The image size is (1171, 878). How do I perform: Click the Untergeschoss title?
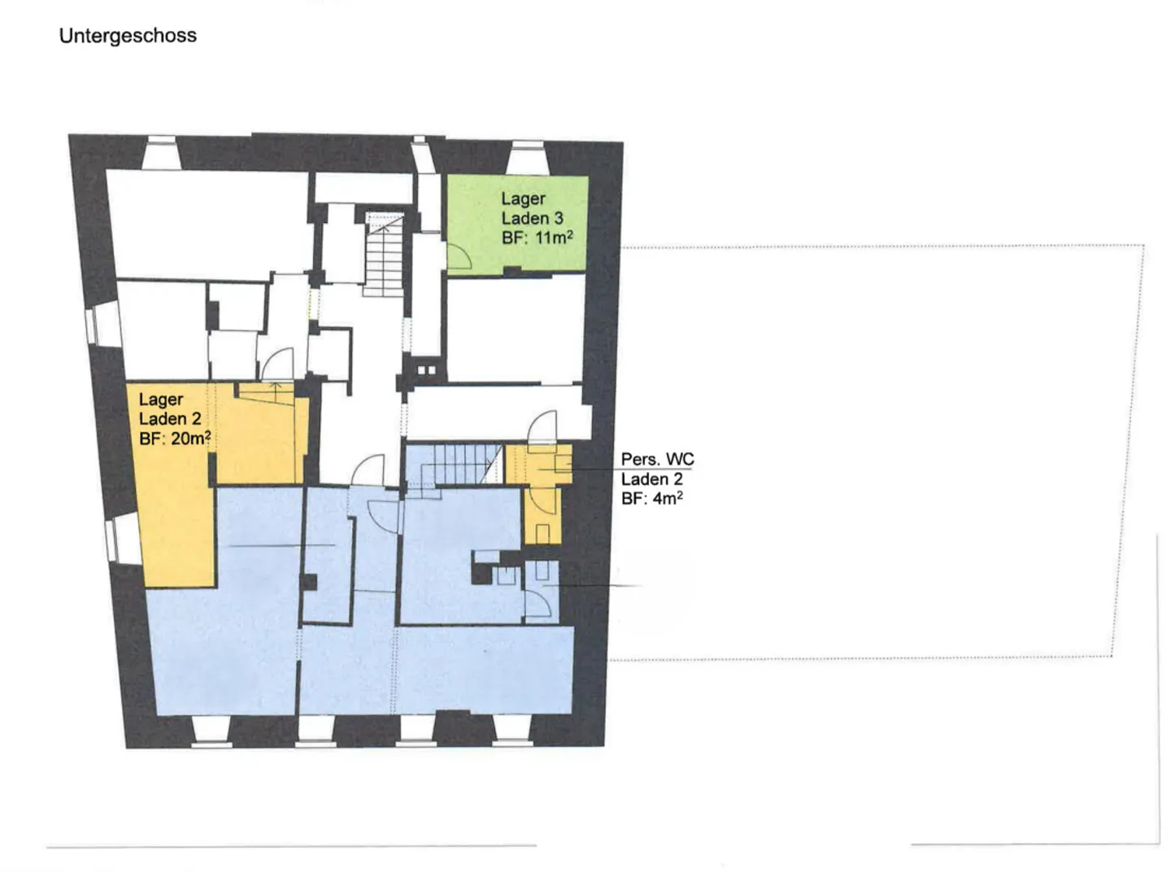coord(128,36)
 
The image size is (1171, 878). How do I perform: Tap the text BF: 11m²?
coord(537,238)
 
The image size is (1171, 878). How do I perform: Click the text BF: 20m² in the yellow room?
coord(175,439)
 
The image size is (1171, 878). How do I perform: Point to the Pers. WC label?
coord(657,459)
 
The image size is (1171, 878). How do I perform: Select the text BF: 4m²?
coord(651,498)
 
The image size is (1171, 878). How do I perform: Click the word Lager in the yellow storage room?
coord(161,400)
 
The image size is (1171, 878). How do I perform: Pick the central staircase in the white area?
coord(383,254)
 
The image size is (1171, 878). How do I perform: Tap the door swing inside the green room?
coord(459,256)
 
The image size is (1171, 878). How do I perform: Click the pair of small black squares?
coord(426,370)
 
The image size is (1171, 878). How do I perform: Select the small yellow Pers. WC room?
coord(540,492)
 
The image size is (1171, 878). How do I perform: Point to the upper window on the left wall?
coord(103,324)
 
